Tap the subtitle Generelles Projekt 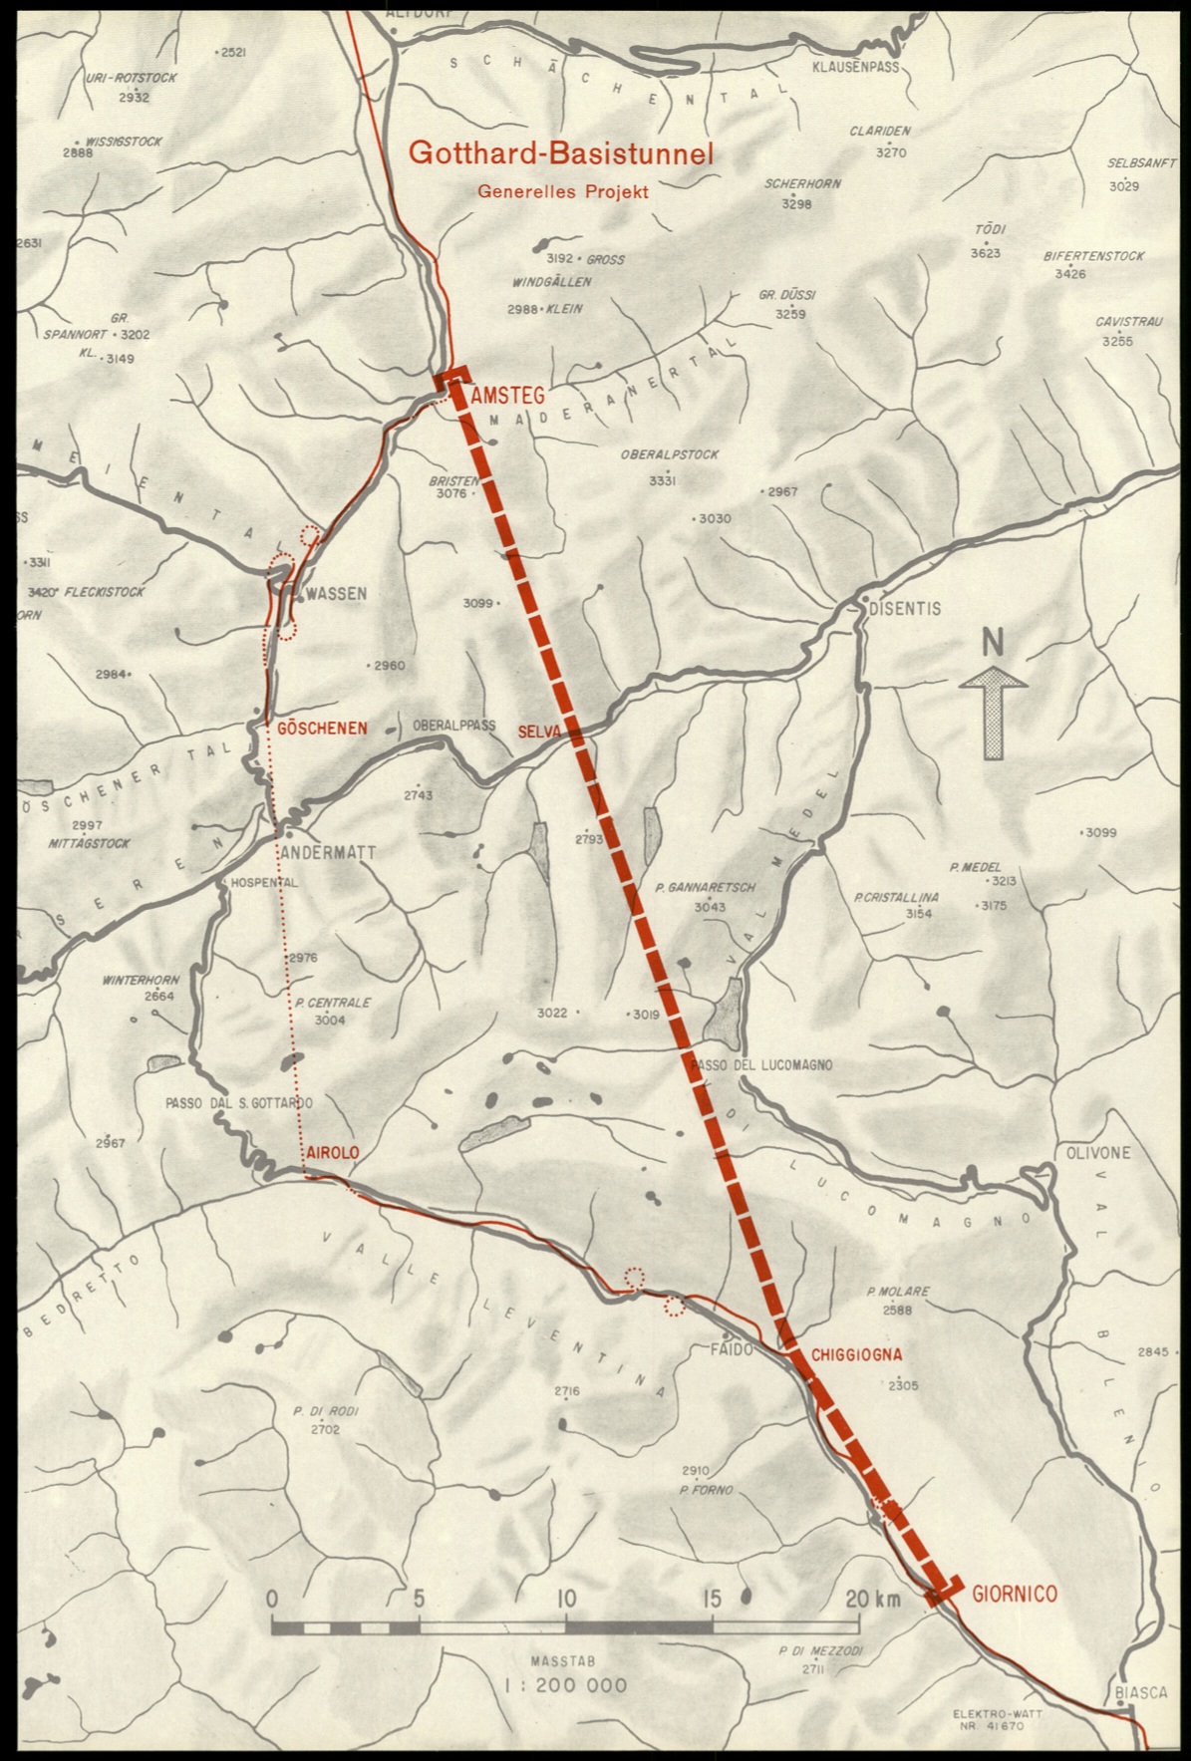pyautogui.click(x=562, y=191)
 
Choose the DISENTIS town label pyautogui.click(x=904, y=607)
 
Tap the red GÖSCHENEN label pyautogui.click(x=321, y=729)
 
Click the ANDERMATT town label pyautogui.click(x=328, y=853)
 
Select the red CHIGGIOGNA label pyautogui.click(x=856, y=1355)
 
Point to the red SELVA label pyautogui.click(x=539, y=733)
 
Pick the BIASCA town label pyautogui.click(x=1141, y=1694)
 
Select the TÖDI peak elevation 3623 pyautogui.click(x=985, y=253)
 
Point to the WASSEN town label pyautogui.click(x=337, y=593)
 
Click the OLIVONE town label pyautogui.click(x=1098, y=1153)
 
